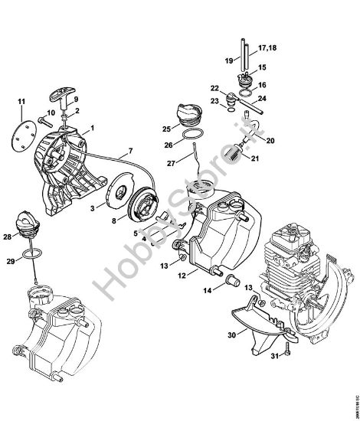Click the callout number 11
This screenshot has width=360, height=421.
[21, 102]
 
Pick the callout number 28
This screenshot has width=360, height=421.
[7, 238]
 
